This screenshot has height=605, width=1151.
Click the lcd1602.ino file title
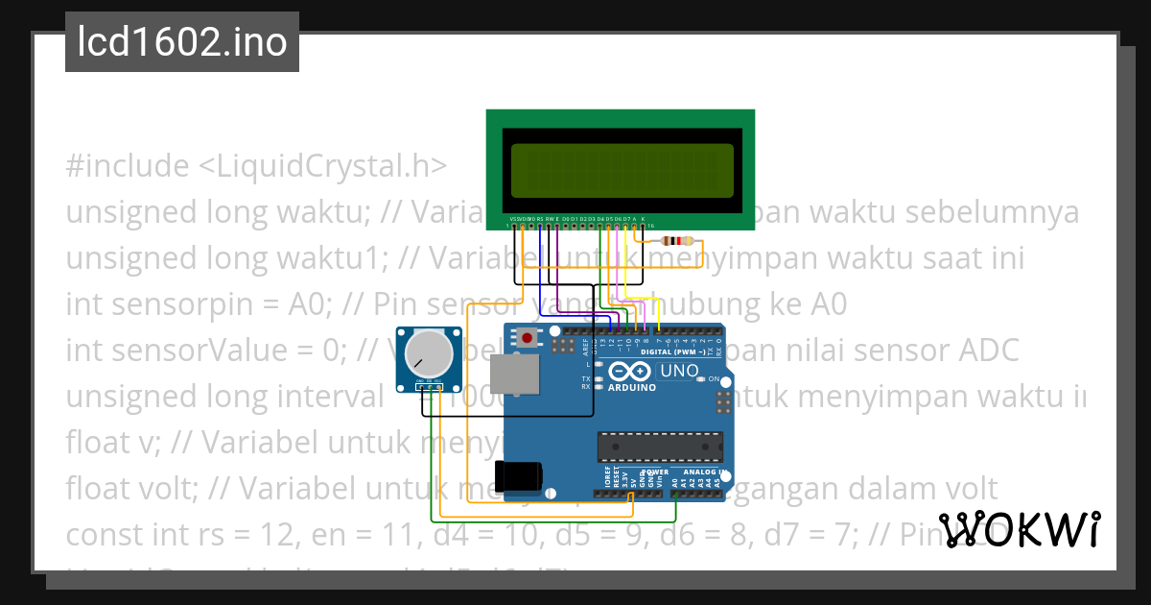(182, 43)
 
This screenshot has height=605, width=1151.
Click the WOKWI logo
(1019, 529)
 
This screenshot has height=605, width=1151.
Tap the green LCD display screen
(621, 169)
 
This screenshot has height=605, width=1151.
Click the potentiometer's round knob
(428, 354)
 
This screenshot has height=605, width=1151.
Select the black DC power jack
(519, 475)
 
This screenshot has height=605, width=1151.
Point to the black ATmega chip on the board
(659, 447)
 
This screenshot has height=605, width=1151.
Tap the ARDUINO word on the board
(632, 388)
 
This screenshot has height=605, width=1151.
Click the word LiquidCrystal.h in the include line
(322, 166)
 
